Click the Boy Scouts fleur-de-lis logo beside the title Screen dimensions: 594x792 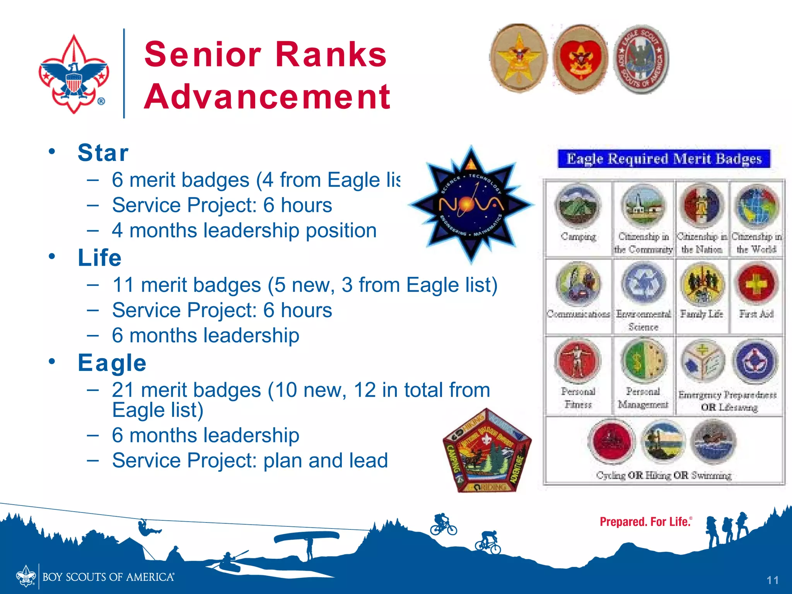74,73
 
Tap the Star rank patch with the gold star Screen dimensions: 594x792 518,58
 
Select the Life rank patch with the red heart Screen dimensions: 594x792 580,59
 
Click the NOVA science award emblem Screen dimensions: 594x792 471,204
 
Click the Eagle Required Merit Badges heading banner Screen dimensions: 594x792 664,159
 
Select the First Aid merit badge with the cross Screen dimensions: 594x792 756,284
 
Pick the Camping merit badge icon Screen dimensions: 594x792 578,206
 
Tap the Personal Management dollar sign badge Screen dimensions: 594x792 643,361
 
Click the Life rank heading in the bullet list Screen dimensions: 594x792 100,258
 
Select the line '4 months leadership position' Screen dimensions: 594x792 244,230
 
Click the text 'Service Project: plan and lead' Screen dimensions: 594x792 250,461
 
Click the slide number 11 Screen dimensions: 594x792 772,580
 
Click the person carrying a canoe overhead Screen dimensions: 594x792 309,545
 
